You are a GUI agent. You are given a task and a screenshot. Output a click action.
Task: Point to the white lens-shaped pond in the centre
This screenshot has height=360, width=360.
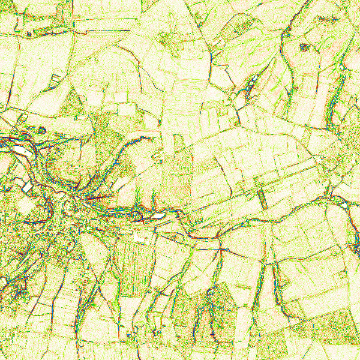point(157,214)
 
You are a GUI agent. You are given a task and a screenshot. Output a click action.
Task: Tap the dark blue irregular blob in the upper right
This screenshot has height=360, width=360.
point(305,47)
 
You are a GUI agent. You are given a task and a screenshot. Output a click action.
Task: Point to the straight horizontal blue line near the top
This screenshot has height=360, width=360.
point(108,30)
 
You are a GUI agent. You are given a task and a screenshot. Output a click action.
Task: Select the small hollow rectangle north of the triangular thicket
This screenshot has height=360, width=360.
point(55,78)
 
